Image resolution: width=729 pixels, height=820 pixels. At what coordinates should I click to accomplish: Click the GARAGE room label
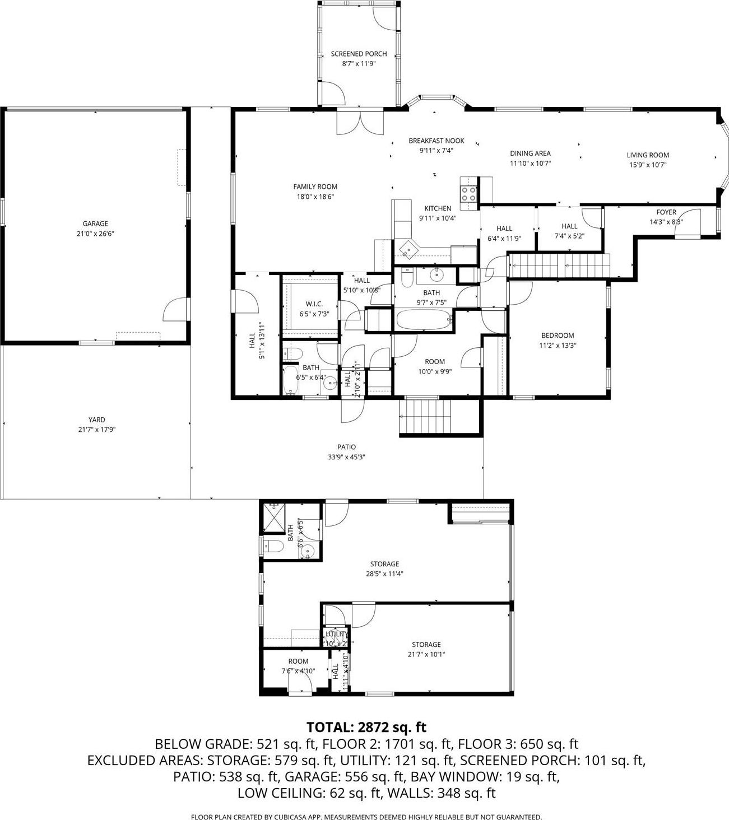coord(95,223)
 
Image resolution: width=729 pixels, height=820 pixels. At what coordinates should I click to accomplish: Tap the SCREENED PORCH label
coord(359,54)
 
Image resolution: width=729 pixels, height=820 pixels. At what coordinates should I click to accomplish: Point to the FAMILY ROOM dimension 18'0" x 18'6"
coord(315,197)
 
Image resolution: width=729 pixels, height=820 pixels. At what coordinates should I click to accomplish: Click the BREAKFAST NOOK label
coord(436,141)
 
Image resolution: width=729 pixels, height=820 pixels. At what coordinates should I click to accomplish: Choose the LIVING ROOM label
coord(647,155)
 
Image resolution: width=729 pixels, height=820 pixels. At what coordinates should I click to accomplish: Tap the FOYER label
coord(666,212)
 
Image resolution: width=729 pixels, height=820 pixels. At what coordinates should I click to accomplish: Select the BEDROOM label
coord(557,336)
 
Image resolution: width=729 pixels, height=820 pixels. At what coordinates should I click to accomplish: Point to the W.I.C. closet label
coord(314,304)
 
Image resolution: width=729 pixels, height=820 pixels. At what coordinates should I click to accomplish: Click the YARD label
coord(96,420)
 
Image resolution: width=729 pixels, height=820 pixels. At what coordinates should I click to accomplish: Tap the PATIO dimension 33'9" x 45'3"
coord(346,456)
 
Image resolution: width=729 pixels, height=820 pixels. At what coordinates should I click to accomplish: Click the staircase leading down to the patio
coord(426,417)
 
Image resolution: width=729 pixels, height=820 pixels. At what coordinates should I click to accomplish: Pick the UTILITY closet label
coord(337,633)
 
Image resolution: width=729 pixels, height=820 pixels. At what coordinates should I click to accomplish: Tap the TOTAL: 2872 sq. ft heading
coord(366,727)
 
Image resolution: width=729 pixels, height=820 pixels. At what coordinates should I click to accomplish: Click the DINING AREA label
coord(530,153)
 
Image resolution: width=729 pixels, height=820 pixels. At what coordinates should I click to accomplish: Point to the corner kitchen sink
coord(408,248)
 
